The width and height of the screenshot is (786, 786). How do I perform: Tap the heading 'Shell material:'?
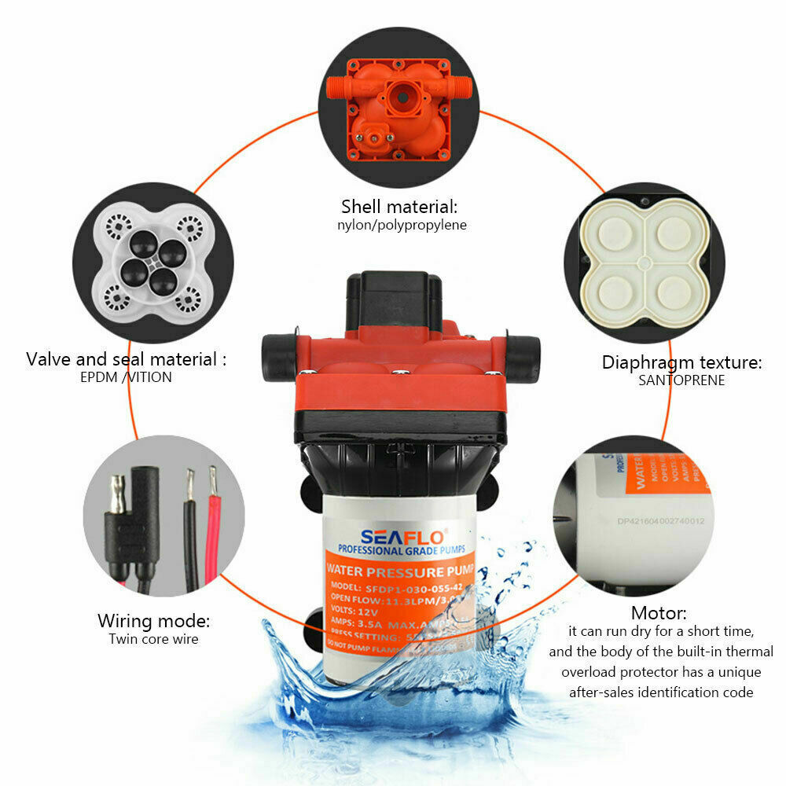[399, 207]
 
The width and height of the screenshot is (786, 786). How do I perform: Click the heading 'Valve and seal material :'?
[126, 360]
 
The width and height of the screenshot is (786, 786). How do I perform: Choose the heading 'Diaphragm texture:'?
[682, 362]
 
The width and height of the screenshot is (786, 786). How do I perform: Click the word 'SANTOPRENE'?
[681, 380]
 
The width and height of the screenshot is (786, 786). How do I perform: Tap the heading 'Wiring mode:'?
[153, 621]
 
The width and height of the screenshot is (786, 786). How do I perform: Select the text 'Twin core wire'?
[153, 639]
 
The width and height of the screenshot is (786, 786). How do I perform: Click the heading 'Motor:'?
[659, 613]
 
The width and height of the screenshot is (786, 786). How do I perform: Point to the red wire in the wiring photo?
[212, 534]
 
